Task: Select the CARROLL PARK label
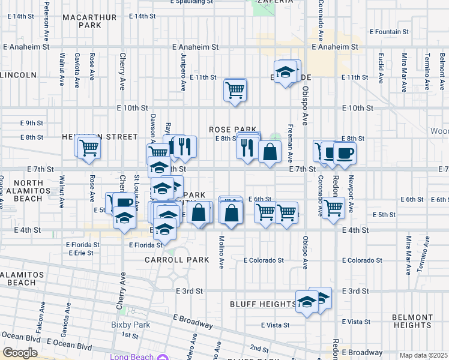(x=177, y=260)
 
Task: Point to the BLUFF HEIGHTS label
(x=264, y=304)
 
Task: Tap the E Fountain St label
(x=390, y=31)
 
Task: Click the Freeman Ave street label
(x=291, y=146)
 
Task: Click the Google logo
(x=20, y=353)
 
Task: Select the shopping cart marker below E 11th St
(x=235, y=90)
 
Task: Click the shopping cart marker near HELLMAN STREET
(x=89, y=147)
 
